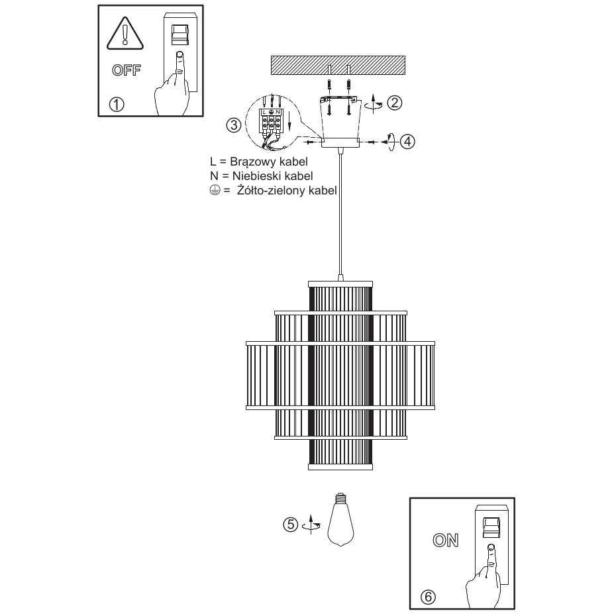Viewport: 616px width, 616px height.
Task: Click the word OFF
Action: [126, 70]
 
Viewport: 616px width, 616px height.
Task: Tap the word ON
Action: [446, 540]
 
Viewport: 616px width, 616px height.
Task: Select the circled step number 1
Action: [117, 105]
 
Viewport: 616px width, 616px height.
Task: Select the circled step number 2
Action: [394, 103]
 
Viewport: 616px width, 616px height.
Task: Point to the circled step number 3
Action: [234, 125]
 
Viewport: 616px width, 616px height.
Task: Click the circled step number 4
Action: [407, 142]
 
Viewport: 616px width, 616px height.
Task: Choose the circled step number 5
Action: [291, 525]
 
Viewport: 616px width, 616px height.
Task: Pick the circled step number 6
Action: [428, 597]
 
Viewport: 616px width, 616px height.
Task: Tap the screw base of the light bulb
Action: [340, 497]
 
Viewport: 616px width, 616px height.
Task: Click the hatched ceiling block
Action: [338, 65]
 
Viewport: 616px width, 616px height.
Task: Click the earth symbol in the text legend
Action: [215, 191]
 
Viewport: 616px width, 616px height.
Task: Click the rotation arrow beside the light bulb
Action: [311, 524]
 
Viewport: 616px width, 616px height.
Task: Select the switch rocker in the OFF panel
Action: [180, 34]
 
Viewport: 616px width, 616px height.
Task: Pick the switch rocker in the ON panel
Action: [491, 527]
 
